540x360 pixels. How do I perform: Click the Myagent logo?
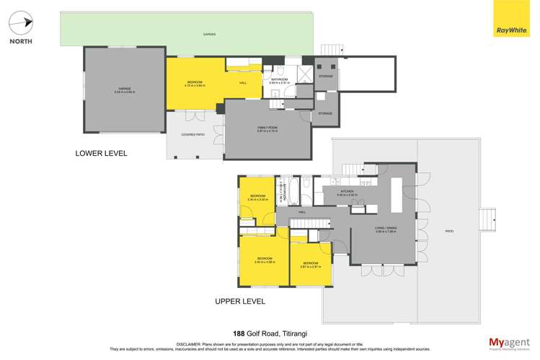pos(508,343)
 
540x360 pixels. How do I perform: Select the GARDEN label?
pos(209,34)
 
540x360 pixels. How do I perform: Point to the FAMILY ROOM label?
pos(267,128)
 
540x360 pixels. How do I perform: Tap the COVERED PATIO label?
pos(193,134)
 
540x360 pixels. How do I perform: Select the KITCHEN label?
pos(347,192)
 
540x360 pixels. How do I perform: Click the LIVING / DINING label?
pos(385,229)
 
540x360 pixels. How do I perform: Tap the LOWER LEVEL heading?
pos(102,153)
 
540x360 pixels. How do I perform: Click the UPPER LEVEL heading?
pos(240,301)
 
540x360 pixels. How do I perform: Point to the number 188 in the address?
pos(239,333)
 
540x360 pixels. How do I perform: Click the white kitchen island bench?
pos(397,196)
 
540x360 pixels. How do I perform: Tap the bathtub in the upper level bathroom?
pos(283,190)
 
